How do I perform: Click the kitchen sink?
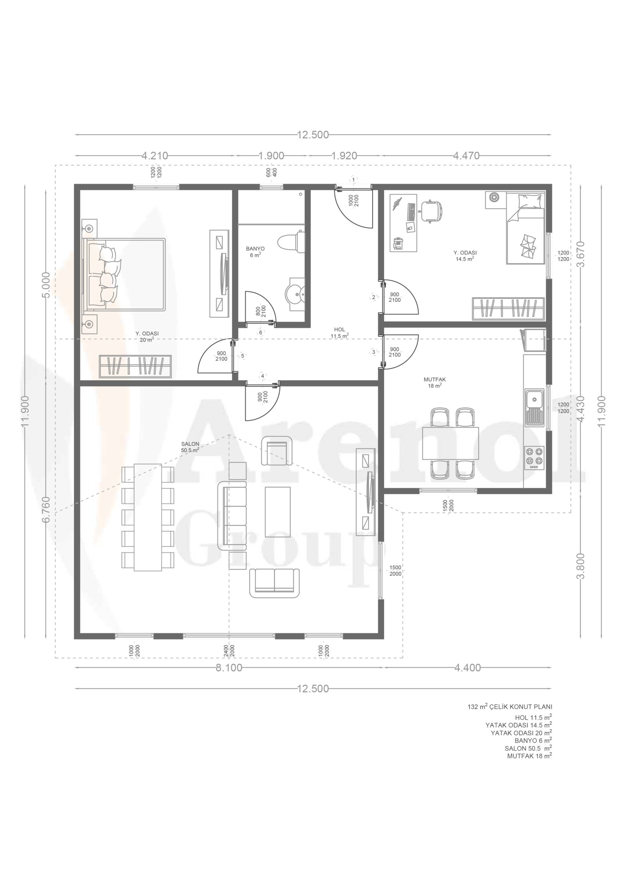pos(534,407)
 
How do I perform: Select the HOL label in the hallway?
pos(339,330)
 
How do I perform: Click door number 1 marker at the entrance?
pos(354,179)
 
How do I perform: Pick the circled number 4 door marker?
pos(263,376)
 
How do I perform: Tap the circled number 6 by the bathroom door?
pos(261,332)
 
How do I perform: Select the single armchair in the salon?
pos(277,450)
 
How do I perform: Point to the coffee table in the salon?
pos(277,511)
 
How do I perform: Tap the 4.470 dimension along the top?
pos(466,156)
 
